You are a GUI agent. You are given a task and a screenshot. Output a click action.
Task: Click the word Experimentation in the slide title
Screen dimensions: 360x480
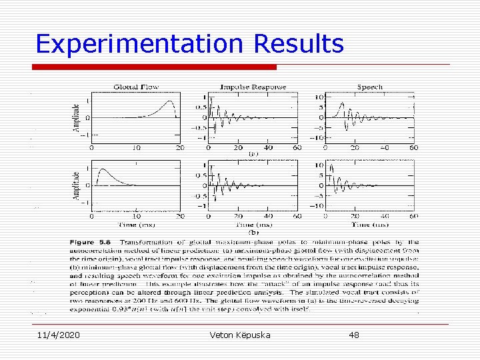coord(140,44)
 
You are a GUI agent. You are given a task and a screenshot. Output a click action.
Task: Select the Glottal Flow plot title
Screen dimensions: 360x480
coord(135,87)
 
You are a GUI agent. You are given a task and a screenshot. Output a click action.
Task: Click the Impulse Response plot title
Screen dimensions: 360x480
coord(253,87)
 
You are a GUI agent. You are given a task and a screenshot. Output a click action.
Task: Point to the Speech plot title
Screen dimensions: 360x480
coord(369,87)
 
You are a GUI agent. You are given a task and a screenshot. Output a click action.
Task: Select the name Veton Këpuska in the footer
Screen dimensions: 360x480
coord(239,335)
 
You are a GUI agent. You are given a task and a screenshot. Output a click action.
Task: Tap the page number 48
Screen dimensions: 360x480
coord(353,335)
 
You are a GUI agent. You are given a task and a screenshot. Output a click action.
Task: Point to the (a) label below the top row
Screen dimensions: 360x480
coord(253,154)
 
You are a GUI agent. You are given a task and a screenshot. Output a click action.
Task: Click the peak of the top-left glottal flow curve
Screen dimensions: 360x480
coord(171,101)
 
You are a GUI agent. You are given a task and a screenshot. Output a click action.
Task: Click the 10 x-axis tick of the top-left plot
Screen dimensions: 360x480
coord(136,147)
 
